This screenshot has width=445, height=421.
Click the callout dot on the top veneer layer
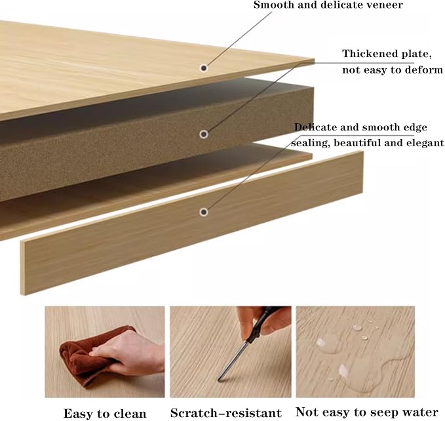203,68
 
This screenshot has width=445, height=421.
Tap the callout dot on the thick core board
203,134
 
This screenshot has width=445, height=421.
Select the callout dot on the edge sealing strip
203,212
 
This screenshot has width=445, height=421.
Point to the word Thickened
366,53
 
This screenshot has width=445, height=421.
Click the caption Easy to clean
105,413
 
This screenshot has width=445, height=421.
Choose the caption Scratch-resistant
226,412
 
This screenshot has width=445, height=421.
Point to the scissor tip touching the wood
219,380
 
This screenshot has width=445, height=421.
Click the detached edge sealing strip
192,223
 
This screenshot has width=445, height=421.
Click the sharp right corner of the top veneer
314,59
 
